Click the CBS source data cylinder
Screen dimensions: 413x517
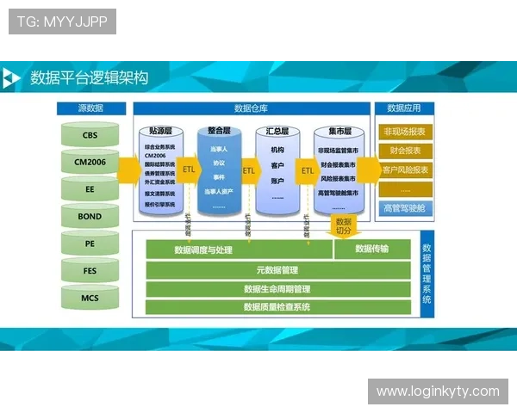point(90,135)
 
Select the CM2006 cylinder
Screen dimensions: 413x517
point(90,162)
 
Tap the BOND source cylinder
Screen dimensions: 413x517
point(90,216)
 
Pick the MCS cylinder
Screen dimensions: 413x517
point(90,298)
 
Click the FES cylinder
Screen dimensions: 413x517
point(90,270)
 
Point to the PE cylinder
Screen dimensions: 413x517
point(90,243)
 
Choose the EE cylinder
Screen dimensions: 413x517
point(90,189)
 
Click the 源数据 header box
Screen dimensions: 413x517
point(90,108)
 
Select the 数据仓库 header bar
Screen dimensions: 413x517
point(251,108)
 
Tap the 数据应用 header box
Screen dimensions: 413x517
point(404,108)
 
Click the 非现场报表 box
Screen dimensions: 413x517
point(404,132)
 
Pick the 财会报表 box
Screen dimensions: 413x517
point(404,151)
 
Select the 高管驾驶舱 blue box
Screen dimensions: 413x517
point(404,207)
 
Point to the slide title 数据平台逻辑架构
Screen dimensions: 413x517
point(89,78)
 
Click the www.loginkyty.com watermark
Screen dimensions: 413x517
point(438,391)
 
